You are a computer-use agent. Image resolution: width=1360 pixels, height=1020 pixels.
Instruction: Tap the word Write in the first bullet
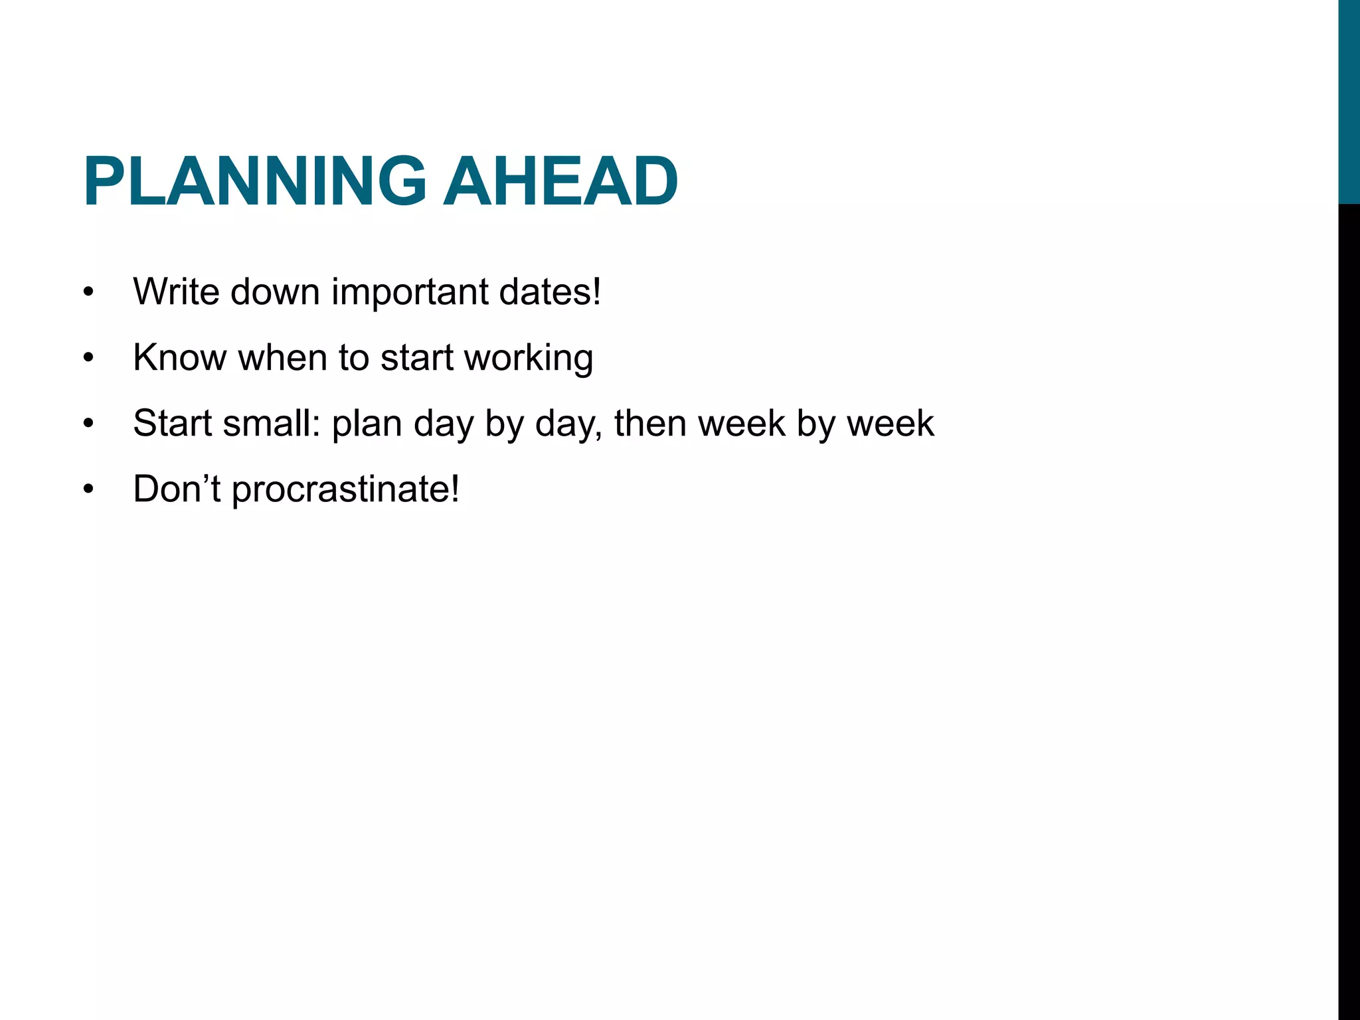click(176, 292)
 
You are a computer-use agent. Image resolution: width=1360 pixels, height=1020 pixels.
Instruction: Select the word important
click(409, 292)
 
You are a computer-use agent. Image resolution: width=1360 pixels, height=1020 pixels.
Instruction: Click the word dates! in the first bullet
click(551, 292)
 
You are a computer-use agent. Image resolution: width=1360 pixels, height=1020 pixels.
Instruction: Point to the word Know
click(179, 357)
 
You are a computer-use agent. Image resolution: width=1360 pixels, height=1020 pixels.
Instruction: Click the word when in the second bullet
click(283, 357)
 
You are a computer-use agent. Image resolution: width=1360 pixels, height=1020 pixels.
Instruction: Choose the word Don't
click(176, 489)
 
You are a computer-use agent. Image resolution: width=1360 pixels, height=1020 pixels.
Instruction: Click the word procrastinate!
click(345, 490)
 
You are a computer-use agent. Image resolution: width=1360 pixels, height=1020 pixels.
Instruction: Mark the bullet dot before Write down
click(89, 293)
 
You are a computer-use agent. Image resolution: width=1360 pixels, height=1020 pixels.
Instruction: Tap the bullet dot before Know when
click(89, 359)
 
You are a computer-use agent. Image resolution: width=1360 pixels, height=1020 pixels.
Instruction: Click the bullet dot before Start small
click(89, 424)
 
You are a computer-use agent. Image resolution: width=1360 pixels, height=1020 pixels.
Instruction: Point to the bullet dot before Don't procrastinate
click(89, 490)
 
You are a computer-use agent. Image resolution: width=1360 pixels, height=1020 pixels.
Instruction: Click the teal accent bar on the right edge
click(1349, 100)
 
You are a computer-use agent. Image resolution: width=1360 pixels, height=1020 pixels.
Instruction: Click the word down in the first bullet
click(275, 292)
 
